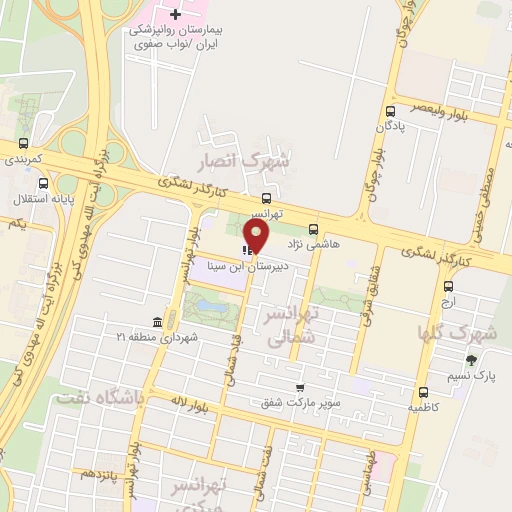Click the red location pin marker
point(257,236)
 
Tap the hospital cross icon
point(176,14)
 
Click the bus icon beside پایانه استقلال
point(43,184)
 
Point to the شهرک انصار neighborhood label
point(257,160)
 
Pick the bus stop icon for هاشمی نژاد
point(314,228)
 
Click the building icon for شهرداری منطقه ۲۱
point(157,322)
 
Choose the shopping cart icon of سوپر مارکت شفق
point(299,388)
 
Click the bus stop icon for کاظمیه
point(423,393)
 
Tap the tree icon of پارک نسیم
point(469,360)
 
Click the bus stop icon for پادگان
point(390,112)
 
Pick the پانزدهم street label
point(101,472)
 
